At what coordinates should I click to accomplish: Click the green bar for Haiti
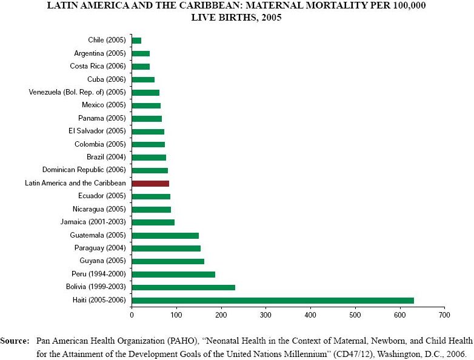click(x=273, y=300)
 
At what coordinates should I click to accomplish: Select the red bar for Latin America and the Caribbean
click(x=150, y=183)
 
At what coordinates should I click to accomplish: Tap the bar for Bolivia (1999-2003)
click(x=183, y=287)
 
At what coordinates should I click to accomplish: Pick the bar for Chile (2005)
click(x=136, y=40)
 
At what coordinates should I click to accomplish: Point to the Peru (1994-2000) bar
click(x=173, y=274)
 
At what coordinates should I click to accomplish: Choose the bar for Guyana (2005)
click(x=168, y=261)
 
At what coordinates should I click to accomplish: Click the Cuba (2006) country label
click(x=107, y=79)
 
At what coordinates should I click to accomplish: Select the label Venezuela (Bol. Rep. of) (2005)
click(x=77, y=92)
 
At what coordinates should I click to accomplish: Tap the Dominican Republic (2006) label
click(x=84, y=170)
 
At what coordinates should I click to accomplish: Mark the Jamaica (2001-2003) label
click(x=93, y=222)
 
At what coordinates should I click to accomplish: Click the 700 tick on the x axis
click(x=445, y=315)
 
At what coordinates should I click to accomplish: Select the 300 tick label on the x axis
click(x=265, y=315)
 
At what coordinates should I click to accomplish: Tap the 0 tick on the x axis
click(x=132, y=315)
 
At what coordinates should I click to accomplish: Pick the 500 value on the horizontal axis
click(x=355, y=315)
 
